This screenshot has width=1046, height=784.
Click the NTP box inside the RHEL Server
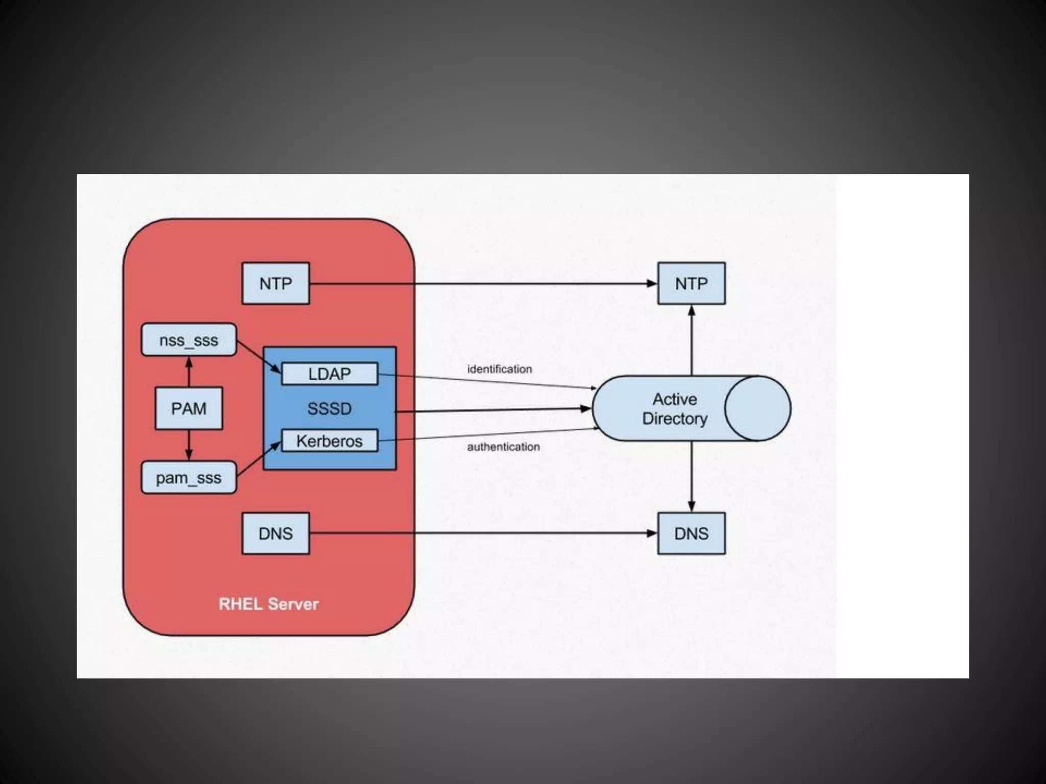click(275, 283)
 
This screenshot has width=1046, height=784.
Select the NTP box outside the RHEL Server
click(691, 283)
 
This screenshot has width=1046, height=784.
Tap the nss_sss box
click(188, 340)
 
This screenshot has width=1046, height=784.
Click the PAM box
click(188, 408)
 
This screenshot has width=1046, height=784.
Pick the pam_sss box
click(188, 478)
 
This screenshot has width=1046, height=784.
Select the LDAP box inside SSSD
click(329, 374)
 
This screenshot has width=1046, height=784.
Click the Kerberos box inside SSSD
click(329, 440)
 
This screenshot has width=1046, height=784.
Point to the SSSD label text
click(329, 408)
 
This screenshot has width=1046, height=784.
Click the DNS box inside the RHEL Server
click(275, 533)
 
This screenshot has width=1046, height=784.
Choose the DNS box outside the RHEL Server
click(691, 533)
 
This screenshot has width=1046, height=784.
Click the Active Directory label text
click(674, 408)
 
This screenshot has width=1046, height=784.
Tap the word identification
click(500, 369)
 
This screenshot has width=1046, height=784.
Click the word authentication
click(503, 447)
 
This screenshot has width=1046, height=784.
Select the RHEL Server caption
click(268, 604)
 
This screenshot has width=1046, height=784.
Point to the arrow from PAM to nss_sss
click(188, 372)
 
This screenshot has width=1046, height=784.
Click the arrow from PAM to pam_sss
click(188, 445)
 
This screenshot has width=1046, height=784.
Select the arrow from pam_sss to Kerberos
click(259, 459)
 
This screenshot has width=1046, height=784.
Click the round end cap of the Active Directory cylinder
click(758, 408)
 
